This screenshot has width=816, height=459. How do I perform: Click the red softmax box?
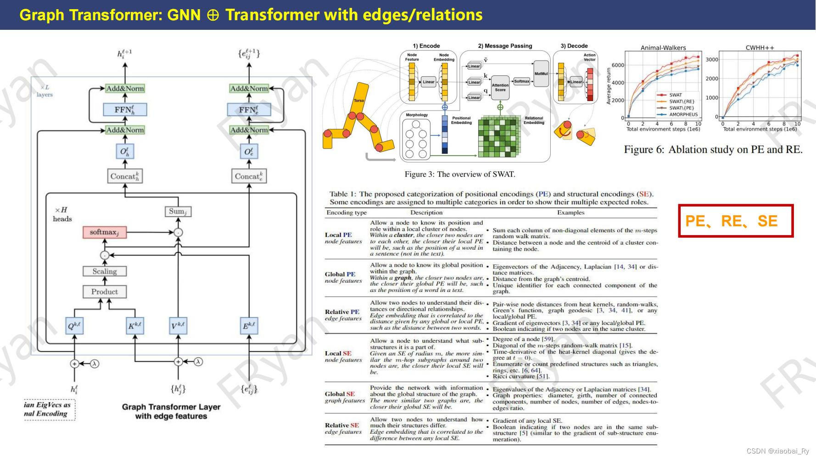pos(104,232)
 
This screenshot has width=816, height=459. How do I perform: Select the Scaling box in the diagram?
pos(105,271)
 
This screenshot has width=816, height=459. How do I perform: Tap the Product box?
pos(105,291)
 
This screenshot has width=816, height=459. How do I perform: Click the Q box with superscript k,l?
pos(74,326)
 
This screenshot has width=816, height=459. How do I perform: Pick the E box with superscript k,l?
pos(249,326)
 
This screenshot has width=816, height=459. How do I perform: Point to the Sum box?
pos(178,212)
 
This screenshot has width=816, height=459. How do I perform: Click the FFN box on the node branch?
pos(124,110)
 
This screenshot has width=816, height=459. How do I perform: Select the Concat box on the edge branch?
pos(249,176)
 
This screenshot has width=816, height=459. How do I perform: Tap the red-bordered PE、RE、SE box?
pos(736,221)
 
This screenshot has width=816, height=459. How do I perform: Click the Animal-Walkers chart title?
pos(663,48)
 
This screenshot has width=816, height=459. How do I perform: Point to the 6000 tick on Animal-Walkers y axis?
pos(618,65)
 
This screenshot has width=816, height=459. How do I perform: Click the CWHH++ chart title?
pos(760,48)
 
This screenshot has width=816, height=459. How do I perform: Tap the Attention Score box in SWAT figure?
pos(500,87)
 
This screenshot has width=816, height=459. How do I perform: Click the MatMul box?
pos(541,74)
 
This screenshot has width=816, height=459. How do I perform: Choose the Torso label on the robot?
pos(359,101)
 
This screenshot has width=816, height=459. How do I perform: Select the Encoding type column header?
pos(347,213)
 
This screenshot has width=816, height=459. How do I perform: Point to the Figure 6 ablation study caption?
pos(713,150)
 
